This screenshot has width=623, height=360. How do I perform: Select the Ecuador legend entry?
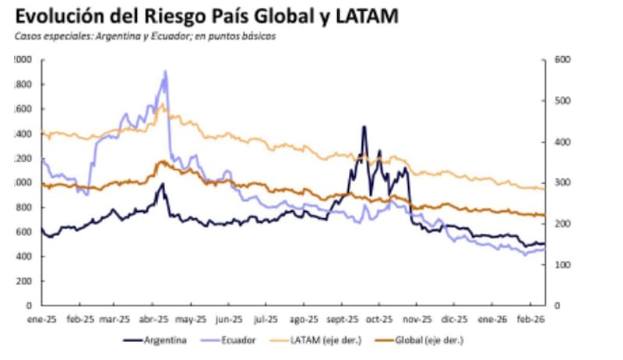point(233,340)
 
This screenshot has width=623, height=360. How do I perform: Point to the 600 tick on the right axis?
point(562,59)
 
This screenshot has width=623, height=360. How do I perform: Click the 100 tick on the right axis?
point(562,265)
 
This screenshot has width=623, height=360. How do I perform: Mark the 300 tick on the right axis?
point(562,182)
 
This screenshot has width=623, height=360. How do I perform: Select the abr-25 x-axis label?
point(154,319)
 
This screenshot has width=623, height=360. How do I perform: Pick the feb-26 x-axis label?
point(531,319)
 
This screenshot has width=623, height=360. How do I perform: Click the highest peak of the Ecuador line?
point(164,72)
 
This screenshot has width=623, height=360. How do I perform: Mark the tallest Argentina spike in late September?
point(364,126)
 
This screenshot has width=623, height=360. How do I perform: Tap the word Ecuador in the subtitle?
point(155,37)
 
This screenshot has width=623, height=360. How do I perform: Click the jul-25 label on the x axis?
point(267,319)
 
